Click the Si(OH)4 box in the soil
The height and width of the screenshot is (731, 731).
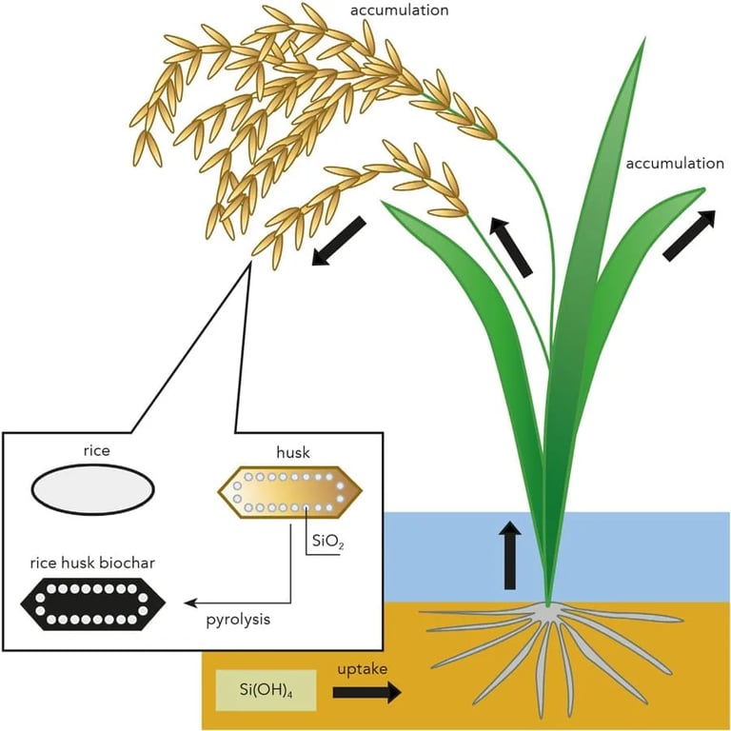[267, 690]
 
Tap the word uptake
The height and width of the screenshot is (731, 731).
[363, 669]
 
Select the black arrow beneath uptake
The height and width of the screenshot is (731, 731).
[366, 692]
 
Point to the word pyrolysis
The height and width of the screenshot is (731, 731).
[238, 620]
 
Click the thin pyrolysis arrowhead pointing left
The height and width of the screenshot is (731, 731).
[189, 603]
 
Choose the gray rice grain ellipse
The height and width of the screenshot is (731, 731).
[92, 489]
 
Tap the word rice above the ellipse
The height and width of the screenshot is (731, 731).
[97, 450]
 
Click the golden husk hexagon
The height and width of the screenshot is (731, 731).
[290, 492]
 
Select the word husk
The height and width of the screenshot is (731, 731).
[293, 452]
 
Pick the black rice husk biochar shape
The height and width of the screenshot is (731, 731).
[92, 603]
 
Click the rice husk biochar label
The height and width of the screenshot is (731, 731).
[92, 563]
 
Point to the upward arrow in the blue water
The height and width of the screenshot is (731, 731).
[510, 555]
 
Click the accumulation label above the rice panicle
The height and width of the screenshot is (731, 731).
[400, 10]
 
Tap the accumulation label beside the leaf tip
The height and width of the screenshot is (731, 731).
[675, 164]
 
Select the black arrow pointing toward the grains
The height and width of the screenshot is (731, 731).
[339, 241]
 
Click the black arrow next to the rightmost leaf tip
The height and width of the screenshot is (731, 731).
[689, 235]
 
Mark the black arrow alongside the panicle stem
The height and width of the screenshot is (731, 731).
[510, 247]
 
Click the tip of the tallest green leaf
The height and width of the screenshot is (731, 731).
[644, 39]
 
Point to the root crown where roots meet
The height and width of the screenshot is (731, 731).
[548, 607]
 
